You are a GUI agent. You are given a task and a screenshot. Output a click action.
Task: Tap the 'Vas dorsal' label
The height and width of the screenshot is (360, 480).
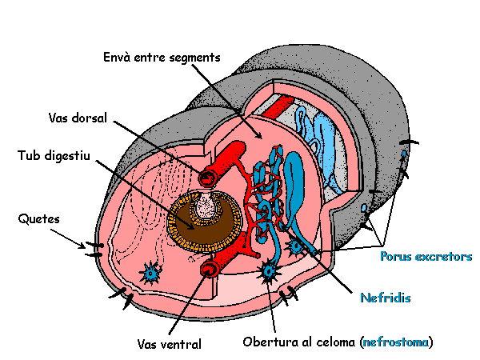point(78,118)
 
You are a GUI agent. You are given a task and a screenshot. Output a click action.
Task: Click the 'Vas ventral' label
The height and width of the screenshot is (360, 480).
point(169,344)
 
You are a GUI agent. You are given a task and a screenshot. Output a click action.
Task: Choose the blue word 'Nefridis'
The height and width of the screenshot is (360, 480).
point(385,298)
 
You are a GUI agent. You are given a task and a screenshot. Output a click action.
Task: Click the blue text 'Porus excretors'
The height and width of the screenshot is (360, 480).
point(426,257)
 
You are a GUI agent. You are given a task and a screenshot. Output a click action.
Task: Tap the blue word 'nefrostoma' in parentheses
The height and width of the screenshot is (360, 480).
point(396,342)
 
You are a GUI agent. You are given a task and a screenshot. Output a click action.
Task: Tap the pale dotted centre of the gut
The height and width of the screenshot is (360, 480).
point(210,210)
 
